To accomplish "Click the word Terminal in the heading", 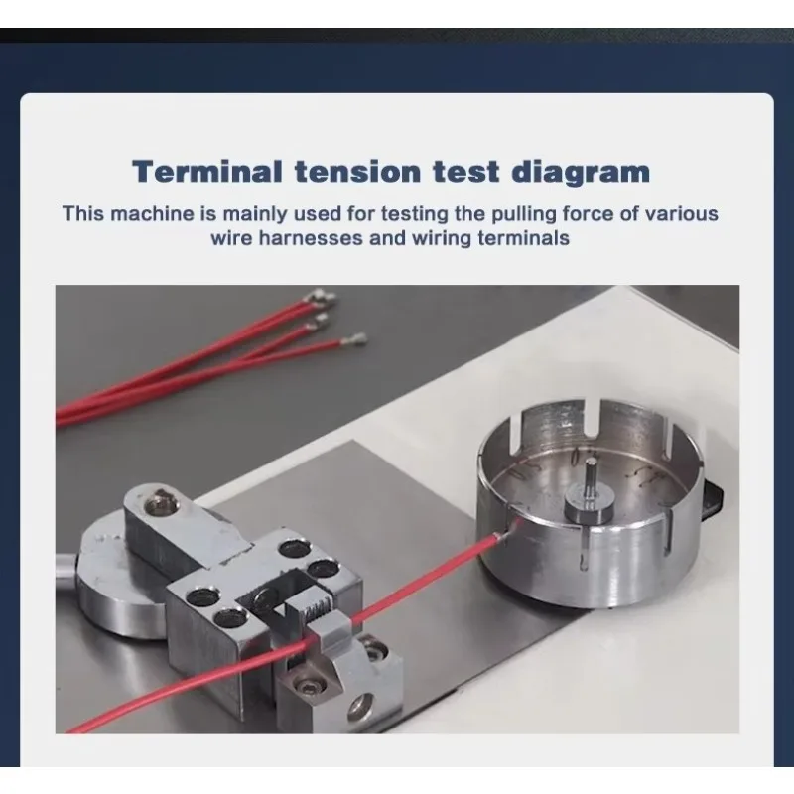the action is pyautogui.click(x=206, y=171).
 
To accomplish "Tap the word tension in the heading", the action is pyautogui.click(x=357, y=171).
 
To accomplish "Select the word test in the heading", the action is pyautogui.click(x=465, y=171).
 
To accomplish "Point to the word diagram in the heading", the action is pyautogui.click(x=581, y=173).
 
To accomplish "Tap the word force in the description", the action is pyautogui.click(x=588, y=213).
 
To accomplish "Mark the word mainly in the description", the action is pyautogui.click(x=255, y=215).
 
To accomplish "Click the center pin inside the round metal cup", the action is pyautogui.click(x=591, y=479).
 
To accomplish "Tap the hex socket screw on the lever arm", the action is pyautogui.click(x=161, y=504).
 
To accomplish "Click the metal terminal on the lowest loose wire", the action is pyautogui.click(x=353, y=339).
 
